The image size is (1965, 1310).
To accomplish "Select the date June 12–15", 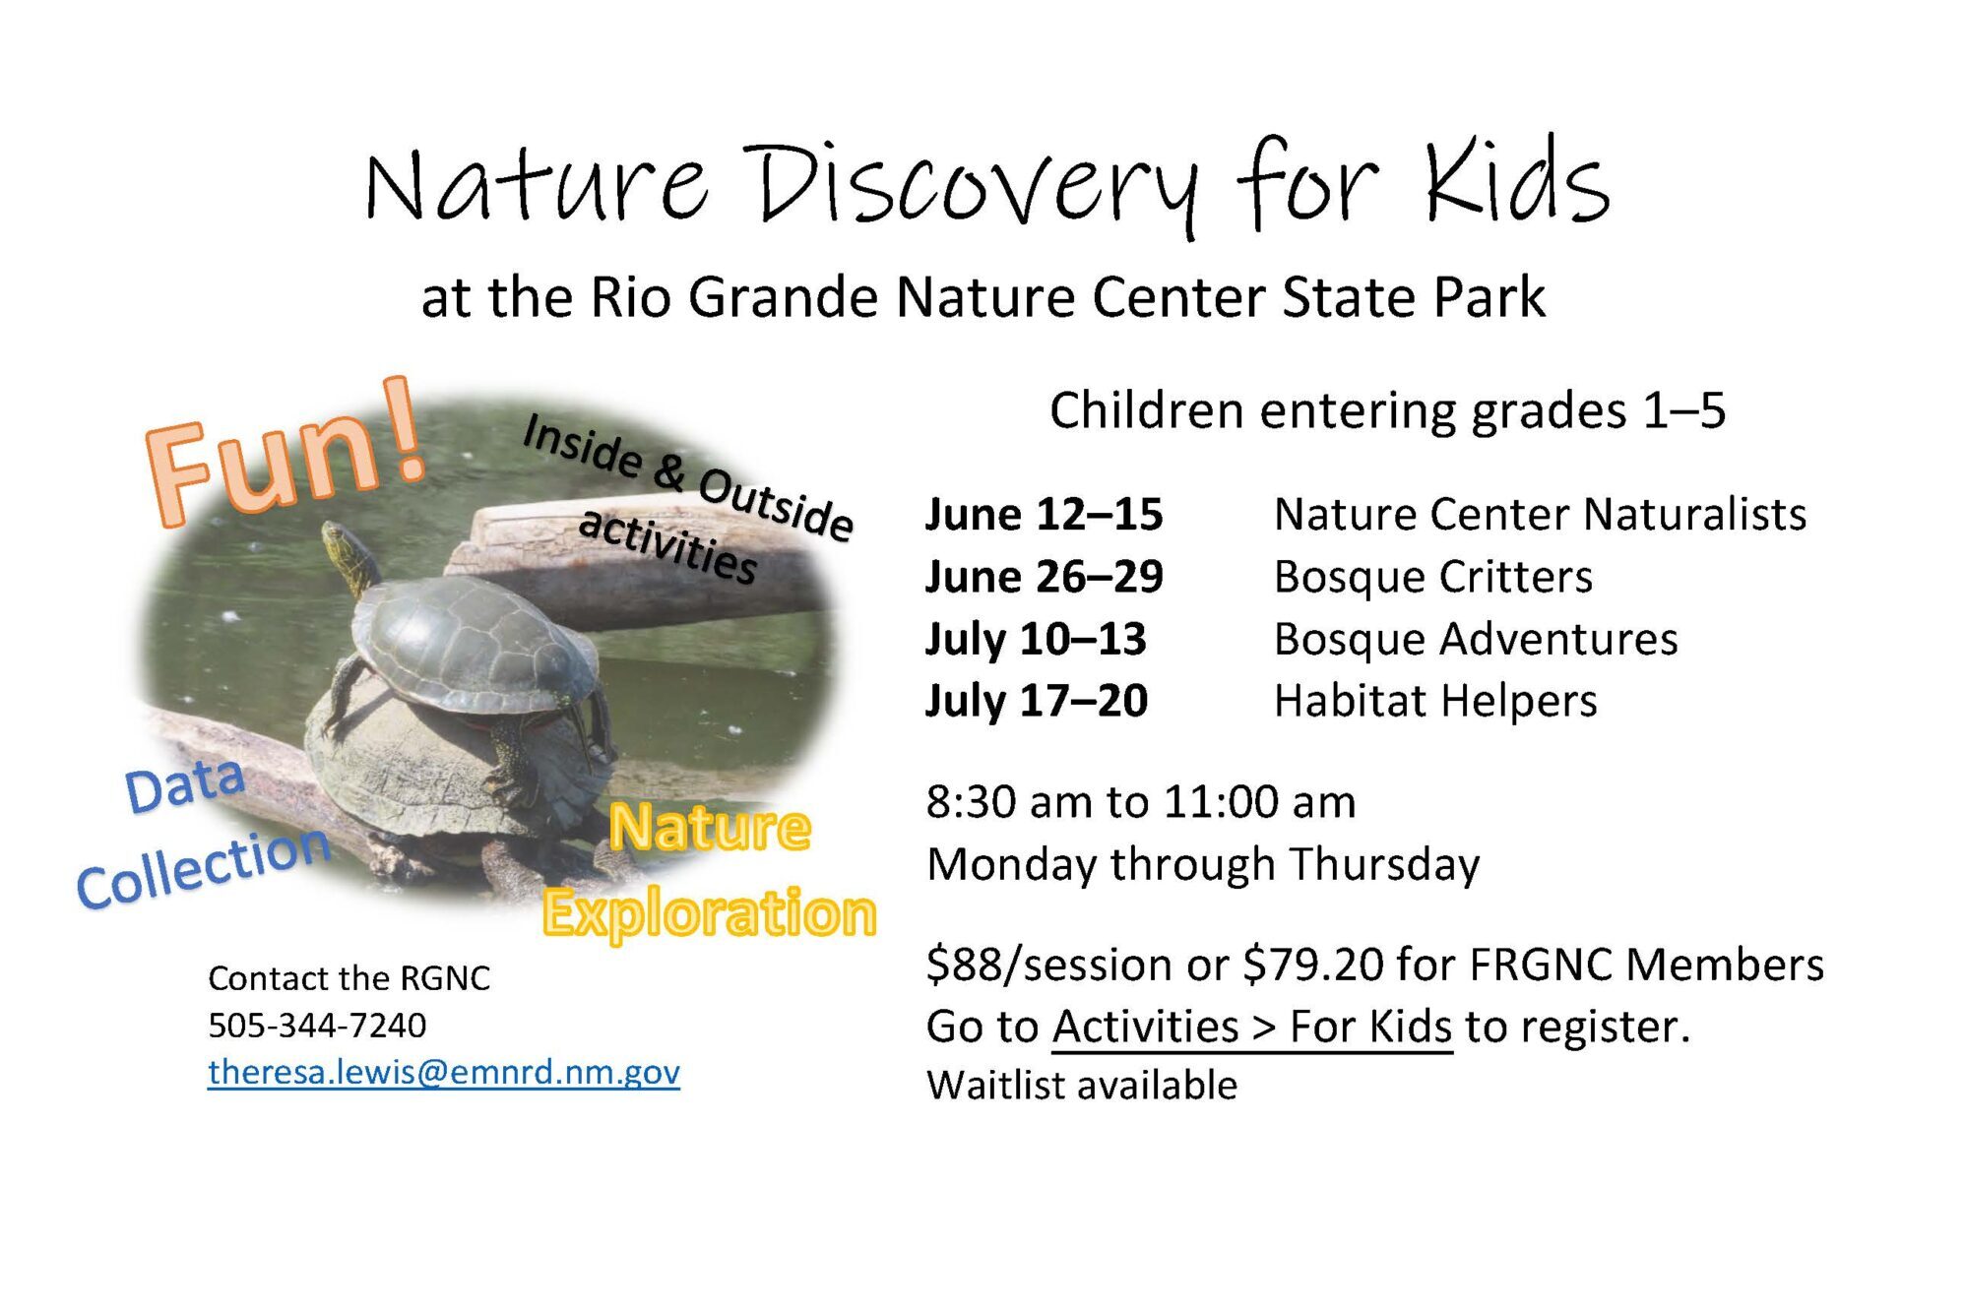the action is click(x=1044, y=514).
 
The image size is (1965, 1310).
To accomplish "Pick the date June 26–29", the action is click(x=1044, y=576).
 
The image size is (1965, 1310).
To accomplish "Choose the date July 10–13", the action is click(x=1036, y=639).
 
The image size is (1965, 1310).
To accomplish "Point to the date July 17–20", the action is click(x=1037, y=701).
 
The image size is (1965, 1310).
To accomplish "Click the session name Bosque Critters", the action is click(x=1432, y=577).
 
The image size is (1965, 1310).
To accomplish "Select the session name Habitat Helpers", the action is click(x=1435, y=701).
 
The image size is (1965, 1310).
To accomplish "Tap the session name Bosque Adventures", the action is click(x=1476, y=639).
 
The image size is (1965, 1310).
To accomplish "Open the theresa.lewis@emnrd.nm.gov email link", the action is click(x=444, y=1072).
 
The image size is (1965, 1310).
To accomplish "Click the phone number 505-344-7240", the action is click(x=317, y=1026).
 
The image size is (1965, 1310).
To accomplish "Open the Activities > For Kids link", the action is click(x=1252, y=1027).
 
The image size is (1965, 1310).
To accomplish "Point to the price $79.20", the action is click(x=1312, y=965).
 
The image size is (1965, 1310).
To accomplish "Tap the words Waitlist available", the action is click(x=1082, y=1086).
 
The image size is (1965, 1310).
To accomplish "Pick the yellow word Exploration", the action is click(x=709, y=912).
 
